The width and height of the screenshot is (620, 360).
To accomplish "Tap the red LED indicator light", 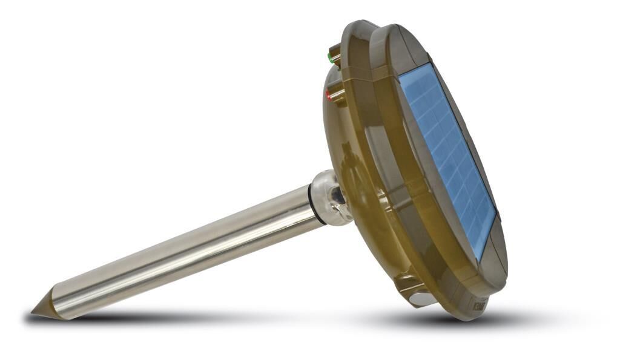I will pos(329,95).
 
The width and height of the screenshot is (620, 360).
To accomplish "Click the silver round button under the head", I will pos(422,298).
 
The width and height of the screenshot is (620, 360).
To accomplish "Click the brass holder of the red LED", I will pos(337,95).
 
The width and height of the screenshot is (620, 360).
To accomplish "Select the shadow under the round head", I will pos(424,318).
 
